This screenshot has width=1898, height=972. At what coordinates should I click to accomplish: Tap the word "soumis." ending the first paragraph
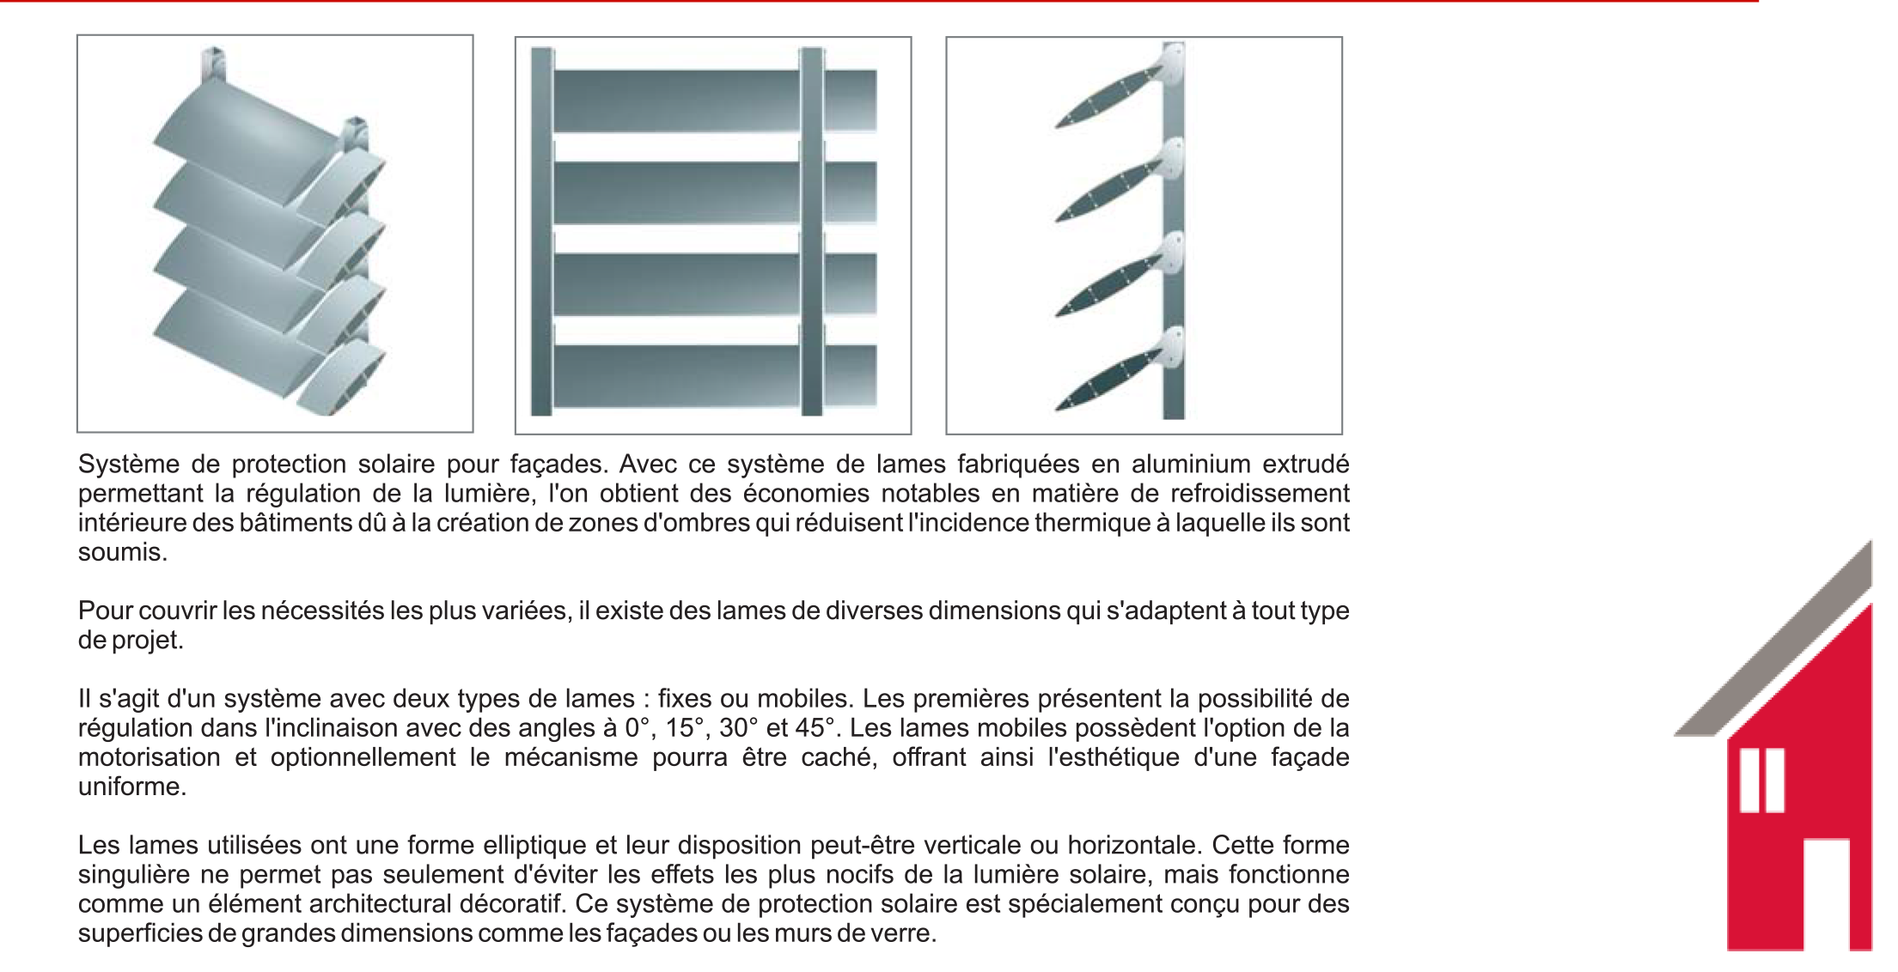122,552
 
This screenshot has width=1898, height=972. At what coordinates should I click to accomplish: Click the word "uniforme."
132,787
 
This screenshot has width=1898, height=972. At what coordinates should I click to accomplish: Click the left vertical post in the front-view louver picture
541,232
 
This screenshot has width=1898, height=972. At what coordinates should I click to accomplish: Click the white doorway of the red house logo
1826,893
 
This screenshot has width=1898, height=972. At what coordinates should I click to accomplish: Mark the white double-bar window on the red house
1761,781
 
